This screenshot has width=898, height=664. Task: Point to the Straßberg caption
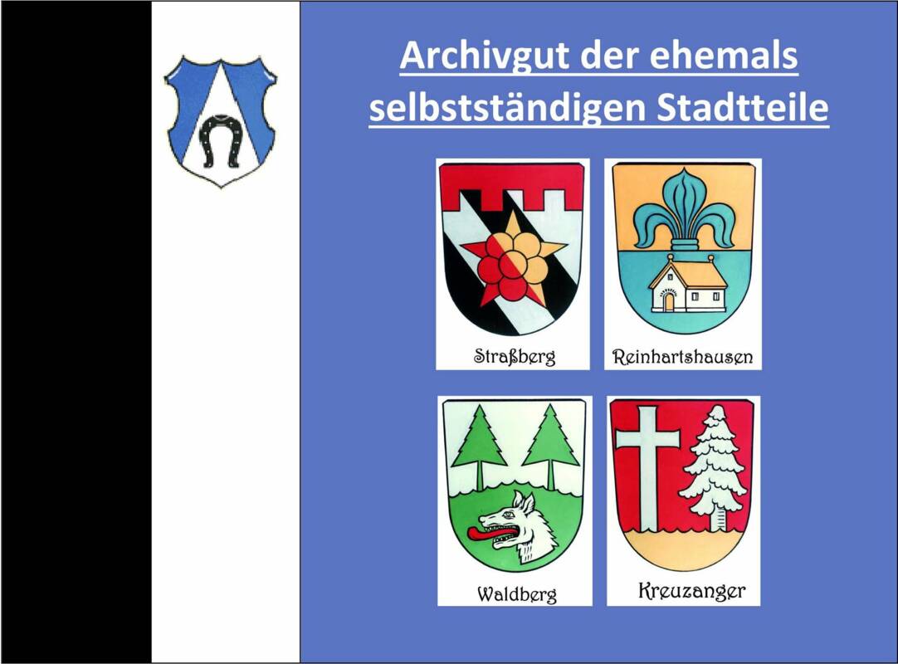pos(515,357)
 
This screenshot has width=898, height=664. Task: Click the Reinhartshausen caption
pos(682,358)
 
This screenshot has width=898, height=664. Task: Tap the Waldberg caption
pos(516,594)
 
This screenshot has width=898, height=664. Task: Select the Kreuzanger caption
pos(691,591)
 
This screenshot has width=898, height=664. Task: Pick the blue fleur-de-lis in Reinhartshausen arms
pos(683,208)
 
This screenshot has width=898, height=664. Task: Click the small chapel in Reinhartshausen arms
pos(688,286)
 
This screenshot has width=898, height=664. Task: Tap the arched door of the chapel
pos(668,301)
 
